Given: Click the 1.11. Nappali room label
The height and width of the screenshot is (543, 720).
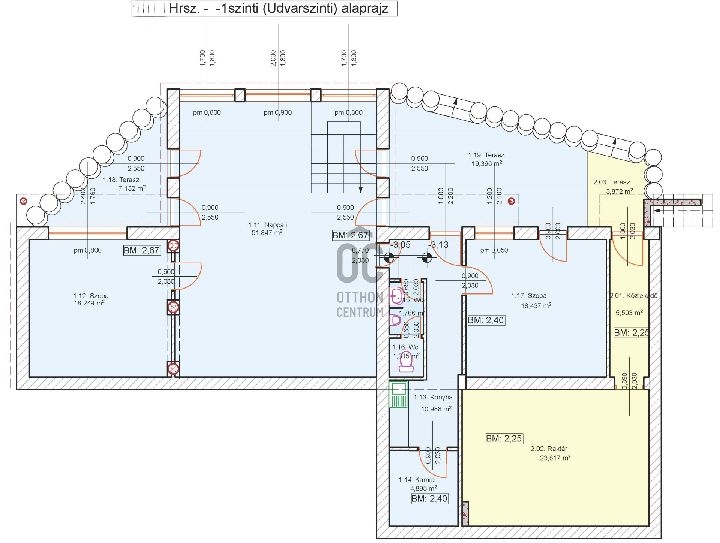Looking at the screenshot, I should click(x=267, y=225).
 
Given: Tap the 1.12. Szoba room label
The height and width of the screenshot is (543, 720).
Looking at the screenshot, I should click(x=91, y=296).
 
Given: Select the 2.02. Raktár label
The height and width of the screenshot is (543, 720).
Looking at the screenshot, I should click(x=549, y=449).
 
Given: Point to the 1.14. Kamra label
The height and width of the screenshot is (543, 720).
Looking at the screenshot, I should click(x=416, y=480).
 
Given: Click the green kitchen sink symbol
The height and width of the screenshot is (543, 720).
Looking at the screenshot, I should click(x=398, y=395).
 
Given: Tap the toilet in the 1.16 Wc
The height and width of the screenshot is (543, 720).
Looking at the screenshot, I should click(x=406, y=362).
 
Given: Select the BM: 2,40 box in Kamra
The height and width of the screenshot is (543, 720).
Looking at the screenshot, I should click(x=429, y=499).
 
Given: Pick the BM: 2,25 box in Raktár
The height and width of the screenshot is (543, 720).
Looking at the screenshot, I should click(x=504, y=438).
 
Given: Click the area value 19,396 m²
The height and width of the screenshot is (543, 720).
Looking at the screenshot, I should click(x=486, y=164).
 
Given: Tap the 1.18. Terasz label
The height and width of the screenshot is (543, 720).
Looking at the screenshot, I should click(x=121, y=180).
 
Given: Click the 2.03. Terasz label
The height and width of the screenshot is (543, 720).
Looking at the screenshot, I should click(x=611, y=182).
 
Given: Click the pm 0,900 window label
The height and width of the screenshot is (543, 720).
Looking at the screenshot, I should click(x=277, y=112).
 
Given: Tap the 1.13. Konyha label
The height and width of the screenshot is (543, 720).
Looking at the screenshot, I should click(x=433, y=397).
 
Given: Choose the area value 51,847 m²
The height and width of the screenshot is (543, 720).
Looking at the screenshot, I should click(x=267, y=233).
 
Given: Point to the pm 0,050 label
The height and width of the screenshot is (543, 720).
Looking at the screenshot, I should click(x=494, y=250).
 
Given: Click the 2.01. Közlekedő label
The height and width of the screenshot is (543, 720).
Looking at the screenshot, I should click(x=633, y=296).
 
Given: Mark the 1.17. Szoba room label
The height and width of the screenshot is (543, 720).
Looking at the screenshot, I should click(x=528, y=296).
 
